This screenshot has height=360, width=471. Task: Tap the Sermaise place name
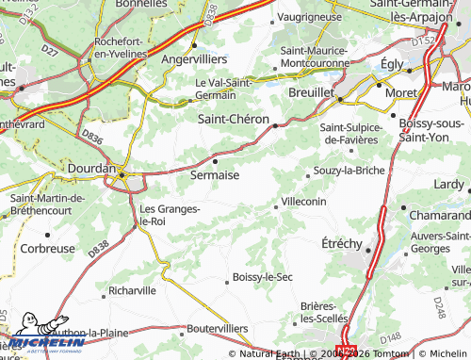pos(215,175)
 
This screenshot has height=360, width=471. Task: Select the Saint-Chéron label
pos(234,119)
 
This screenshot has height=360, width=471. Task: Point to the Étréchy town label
pos(341,242)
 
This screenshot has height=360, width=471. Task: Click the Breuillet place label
pos(311,94)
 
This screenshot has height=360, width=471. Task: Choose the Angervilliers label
pos(194,57)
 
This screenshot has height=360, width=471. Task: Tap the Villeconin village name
pos(303,201)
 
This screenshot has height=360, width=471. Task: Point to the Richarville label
pos(133,291)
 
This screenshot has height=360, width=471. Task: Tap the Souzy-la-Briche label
pos(349,171)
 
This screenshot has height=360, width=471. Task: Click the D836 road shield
pos(91,138)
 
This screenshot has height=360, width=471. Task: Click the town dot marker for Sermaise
pos(215,161)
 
